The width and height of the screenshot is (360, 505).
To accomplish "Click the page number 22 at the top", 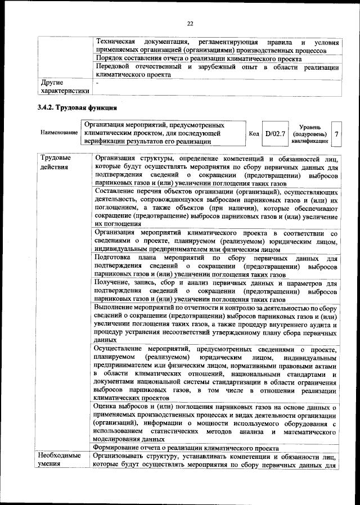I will tap(190, 23).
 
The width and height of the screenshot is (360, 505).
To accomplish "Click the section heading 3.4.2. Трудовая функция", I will tap(76, 107).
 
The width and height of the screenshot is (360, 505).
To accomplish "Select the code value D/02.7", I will tap(276, 134).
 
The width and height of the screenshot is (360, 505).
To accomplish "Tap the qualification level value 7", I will tap(336, 134).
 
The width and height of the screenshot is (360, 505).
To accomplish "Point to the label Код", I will tap(254, 134).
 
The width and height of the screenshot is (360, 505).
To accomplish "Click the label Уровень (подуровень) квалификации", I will tap(310, 134).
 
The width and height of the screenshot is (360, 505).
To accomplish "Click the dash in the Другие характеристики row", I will tap(98, 82).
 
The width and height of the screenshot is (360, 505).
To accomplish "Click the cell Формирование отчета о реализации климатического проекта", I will tap(186, 448).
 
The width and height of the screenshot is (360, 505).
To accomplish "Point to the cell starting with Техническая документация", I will tap(217, 46).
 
